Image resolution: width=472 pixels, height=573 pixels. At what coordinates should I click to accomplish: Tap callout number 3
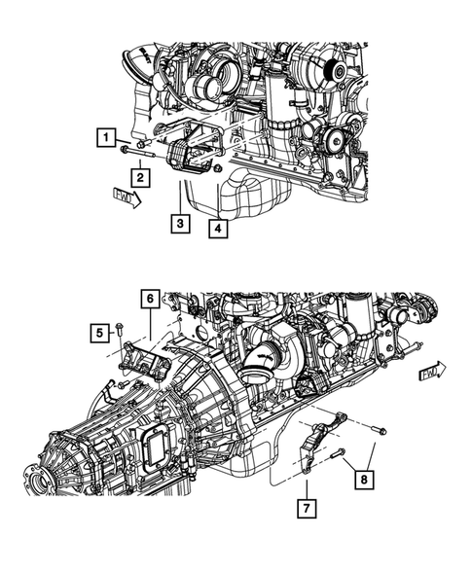click(x=179, y=224)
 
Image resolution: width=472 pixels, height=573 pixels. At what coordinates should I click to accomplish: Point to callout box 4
click(x=218, y=230)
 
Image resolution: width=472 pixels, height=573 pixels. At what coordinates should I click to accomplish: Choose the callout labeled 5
click(x=98, y=333)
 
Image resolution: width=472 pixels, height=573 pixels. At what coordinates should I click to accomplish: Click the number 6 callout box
click(x=149, y=299)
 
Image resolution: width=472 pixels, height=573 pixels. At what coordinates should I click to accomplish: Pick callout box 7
click(x=307, y=506)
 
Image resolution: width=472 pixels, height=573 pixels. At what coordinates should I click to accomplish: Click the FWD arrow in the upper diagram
click(x=125, y=199)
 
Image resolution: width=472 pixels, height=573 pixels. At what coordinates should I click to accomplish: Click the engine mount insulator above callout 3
click(x=188, y=159)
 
